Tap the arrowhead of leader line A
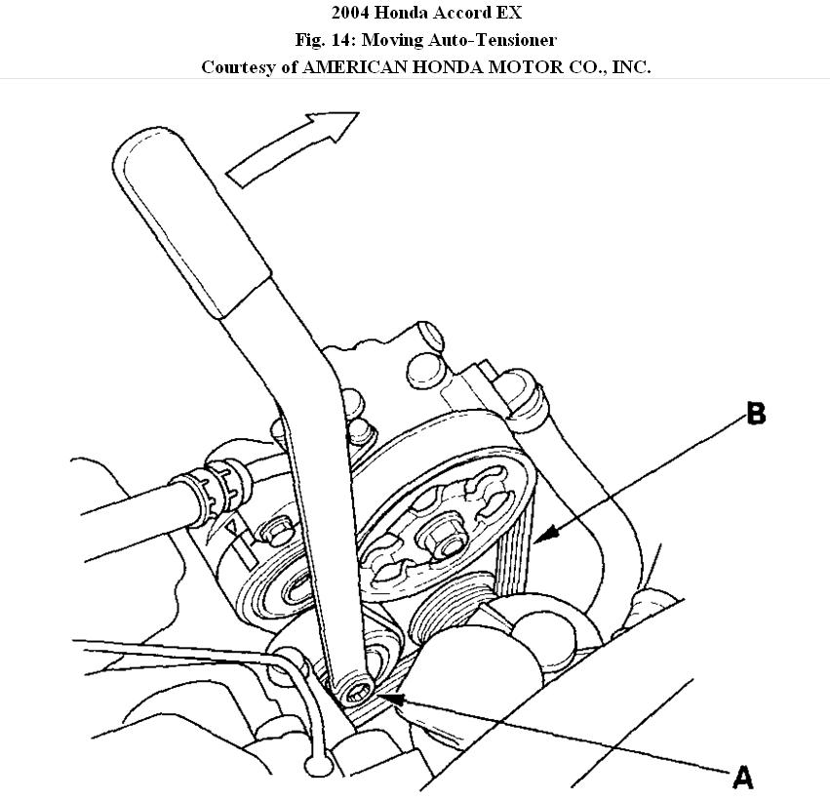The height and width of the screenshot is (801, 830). click(x=386, y=697)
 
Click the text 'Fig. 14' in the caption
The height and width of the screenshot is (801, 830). click(x=323, y=41)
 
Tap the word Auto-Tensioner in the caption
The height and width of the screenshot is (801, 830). click(x=497, y=41)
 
